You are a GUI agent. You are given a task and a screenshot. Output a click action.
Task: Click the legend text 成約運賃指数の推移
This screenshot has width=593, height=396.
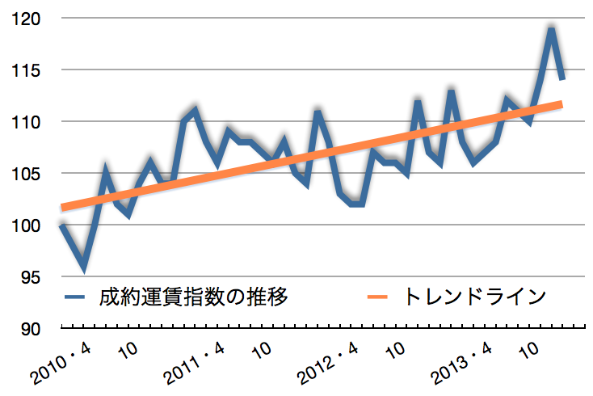pos(192,297)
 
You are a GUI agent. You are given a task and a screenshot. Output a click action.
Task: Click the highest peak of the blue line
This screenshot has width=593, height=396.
pos(551,30)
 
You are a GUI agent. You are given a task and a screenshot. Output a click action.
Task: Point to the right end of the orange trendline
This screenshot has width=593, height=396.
pos(561,103)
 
